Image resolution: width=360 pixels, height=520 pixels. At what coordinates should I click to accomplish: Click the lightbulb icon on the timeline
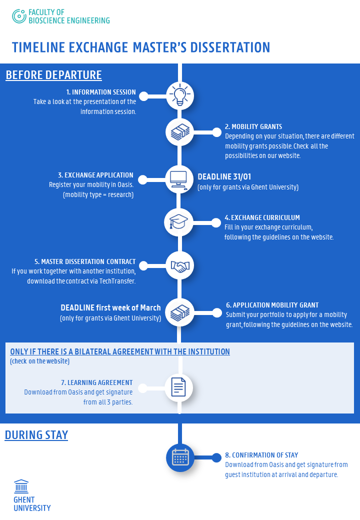tap(179, 95)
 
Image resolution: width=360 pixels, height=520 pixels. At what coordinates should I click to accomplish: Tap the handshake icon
tap(179, 266)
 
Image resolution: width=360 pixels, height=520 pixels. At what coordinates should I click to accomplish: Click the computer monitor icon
tap(179, 179)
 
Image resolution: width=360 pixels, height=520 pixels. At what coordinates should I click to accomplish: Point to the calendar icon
tap(180, 457)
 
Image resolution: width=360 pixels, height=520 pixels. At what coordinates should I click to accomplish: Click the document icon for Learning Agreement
tap(178, 387)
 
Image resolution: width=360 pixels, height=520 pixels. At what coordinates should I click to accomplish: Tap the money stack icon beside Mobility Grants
tap(179, 132)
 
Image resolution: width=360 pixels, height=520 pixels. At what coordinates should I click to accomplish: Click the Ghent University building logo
tap(21, 486)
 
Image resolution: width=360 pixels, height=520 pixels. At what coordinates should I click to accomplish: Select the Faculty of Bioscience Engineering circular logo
tap(19, 16)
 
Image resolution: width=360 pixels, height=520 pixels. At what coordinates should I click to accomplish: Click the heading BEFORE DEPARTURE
tap(53, 75)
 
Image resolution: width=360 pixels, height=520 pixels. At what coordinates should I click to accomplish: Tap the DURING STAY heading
tap(36, 435)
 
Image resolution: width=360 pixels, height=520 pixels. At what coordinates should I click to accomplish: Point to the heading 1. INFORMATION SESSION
tap(101, 92)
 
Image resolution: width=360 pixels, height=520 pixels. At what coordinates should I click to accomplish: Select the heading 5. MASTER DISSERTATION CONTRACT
tap(85, 261)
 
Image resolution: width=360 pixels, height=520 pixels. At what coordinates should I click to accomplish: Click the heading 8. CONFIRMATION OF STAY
tap(261, 455)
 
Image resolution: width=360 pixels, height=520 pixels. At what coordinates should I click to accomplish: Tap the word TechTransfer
tap(119, 281)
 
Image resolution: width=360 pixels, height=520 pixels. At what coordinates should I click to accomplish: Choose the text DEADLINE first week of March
tap(110, 307)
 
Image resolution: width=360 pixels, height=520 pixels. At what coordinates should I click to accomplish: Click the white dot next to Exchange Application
tap(142, 179)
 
